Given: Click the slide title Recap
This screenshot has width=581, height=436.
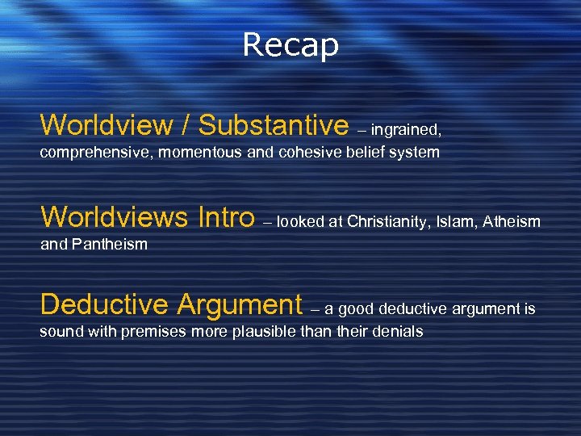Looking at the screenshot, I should point(290,45).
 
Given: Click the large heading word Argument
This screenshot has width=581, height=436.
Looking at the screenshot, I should point(240,305).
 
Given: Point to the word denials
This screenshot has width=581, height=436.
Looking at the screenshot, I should point(395,331).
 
